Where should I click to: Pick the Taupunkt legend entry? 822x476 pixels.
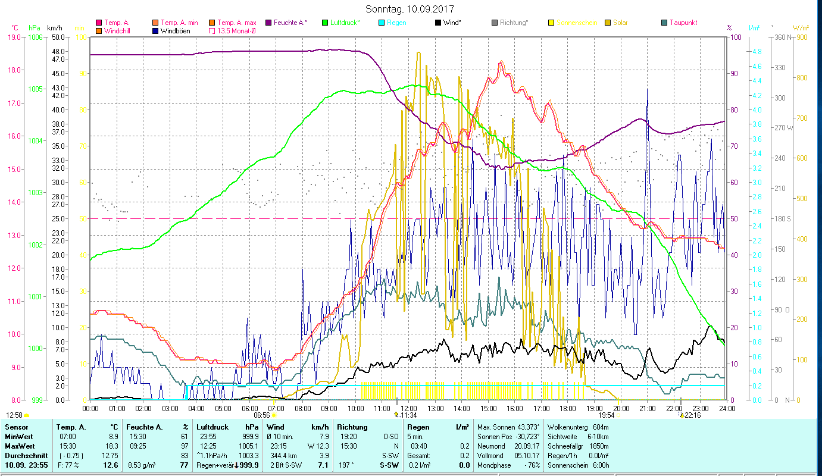[683, 23]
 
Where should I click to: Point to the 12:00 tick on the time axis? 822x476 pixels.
[408, 409]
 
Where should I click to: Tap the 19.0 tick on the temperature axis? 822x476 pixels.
[14, 37]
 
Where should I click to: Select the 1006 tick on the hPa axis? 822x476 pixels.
[35, 37]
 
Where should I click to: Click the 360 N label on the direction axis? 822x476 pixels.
[783, 37]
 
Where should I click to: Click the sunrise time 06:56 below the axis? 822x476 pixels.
[262, 415]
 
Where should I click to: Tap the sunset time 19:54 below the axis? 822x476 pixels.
[607, 415]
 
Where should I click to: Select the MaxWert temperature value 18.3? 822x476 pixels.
[112, 446]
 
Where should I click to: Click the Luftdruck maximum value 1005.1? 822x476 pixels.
[251, 446]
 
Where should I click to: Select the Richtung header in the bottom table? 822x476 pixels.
[352, 427]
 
